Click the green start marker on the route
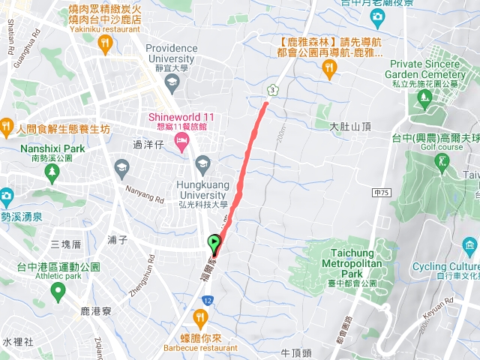(214, 242)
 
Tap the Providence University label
(172, 53)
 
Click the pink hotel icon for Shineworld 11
(182, 142)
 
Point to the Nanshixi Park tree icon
(51, 173)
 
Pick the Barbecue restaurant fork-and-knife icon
(200, 317)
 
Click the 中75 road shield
(381, 193)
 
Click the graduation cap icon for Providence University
(172, 81)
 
